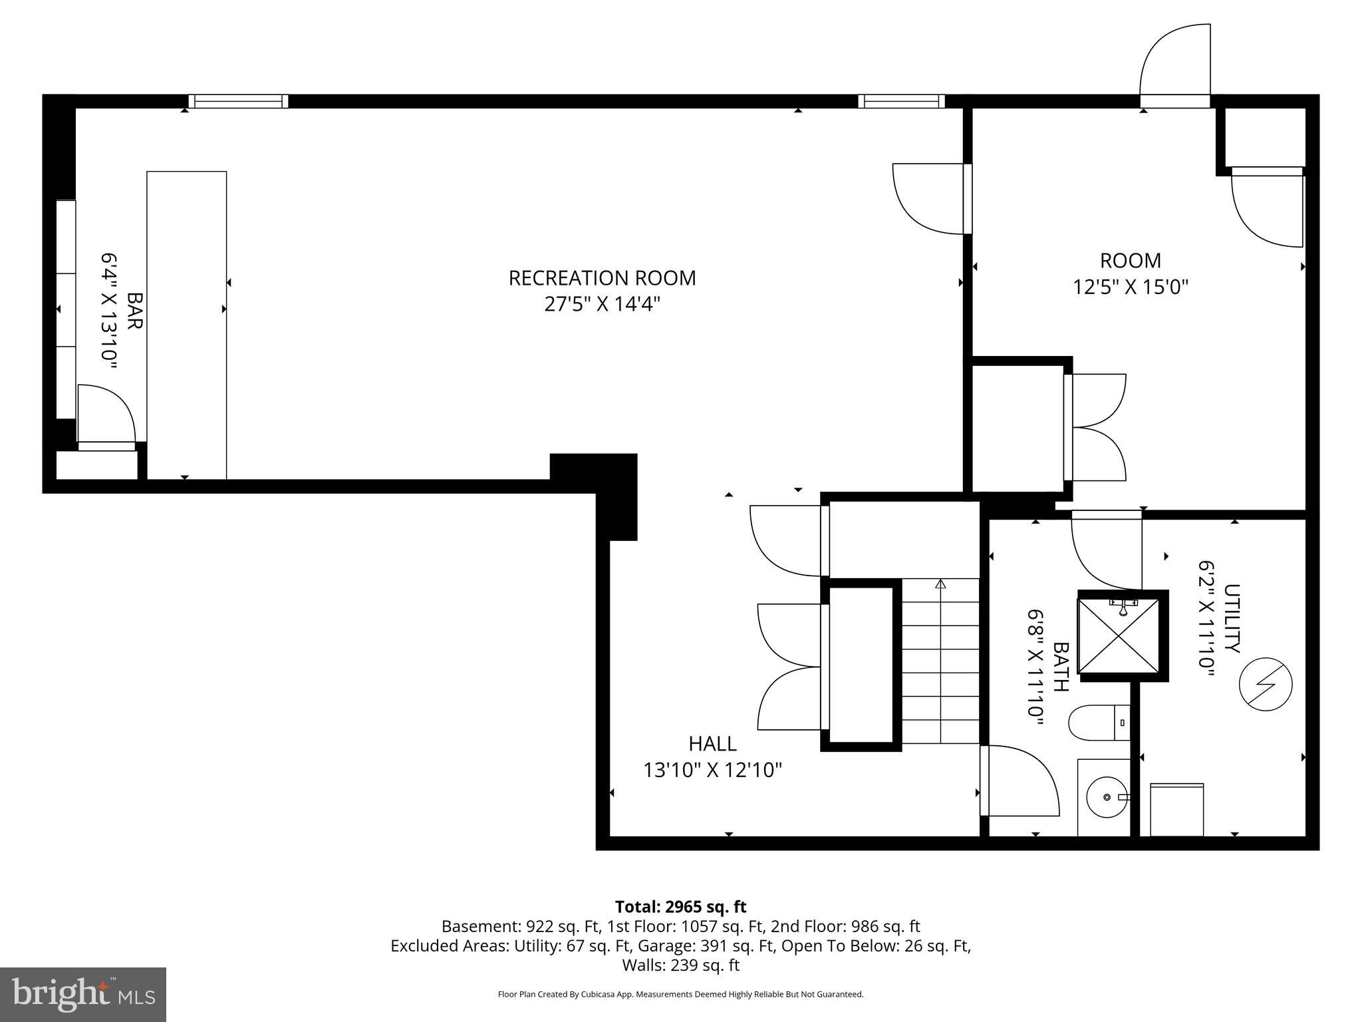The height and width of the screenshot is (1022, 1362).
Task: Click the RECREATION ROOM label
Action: point(602,278)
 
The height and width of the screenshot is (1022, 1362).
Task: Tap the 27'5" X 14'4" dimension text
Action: point(602,305)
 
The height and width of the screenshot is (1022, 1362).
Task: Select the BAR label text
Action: point(134,311)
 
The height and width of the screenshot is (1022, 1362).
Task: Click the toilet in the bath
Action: point(1098,723)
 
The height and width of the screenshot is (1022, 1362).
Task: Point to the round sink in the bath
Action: point(1107,796)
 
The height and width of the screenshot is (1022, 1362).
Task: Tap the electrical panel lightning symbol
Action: point(1265,685)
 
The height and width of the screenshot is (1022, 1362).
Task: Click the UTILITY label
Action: point(1232,619)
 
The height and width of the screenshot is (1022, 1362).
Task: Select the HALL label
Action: point(712,743)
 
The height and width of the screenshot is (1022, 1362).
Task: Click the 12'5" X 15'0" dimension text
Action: point(1131,287)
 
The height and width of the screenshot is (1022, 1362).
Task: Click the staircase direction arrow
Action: point(940,584)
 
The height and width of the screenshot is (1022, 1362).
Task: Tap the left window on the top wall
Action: point(238,101)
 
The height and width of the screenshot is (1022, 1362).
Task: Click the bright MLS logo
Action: point(83,994)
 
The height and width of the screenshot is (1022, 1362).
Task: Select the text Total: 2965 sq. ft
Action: point(680,907)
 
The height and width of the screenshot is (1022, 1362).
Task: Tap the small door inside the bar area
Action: point(106,416)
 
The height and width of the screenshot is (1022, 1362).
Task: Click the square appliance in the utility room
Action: point(1176,809)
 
